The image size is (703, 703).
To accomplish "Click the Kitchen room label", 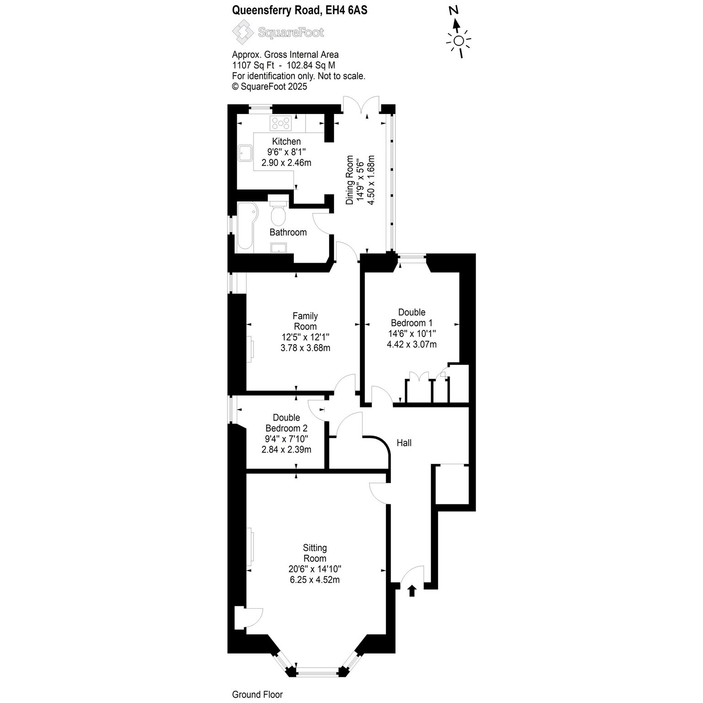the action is [x=287, y=141].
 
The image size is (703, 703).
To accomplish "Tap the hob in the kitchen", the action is [x=281, y=123].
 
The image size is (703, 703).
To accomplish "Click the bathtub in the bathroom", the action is [x=247, y=227].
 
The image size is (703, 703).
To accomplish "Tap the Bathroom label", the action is [x=288, y=233].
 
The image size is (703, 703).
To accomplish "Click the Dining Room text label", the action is [x=350, y=180].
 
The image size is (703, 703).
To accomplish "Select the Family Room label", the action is [x=305, y=321].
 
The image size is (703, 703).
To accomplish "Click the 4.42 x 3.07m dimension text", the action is [x=411, y=344].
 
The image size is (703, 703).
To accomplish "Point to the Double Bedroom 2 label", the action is [x=287, y=423].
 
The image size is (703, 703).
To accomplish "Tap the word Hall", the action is [x=404, y=443].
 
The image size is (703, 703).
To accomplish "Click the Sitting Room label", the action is [x=315, y=553].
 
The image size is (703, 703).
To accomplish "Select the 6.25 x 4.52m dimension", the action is [x=315, y=580].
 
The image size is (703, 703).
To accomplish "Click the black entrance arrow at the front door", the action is [x=411, y=591].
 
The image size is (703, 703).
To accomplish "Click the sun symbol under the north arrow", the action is [x=459, y=41].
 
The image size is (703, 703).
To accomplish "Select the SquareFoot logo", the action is [x=278, y=32].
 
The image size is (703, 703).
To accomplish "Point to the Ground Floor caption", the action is [x=257, y=695].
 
